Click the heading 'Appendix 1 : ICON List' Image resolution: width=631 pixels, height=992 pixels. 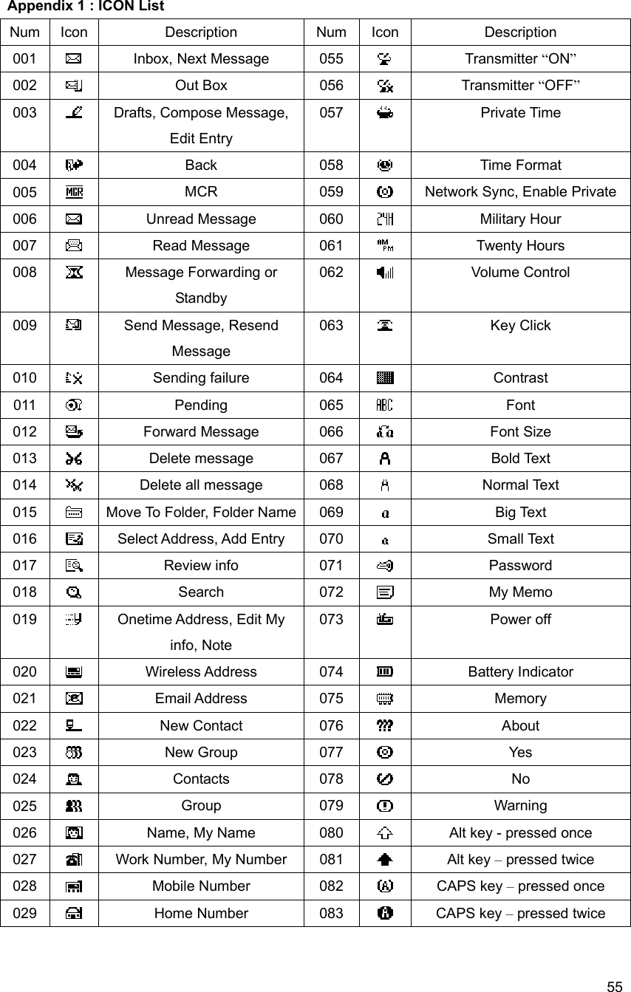(86, 7)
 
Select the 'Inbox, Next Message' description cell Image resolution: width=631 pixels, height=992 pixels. (201, 59)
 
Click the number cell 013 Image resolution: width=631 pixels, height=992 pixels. (25, 459)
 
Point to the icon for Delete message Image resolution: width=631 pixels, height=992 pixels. (73, 459)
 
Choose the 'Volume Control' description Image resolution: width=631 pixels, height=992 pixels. (520, 273)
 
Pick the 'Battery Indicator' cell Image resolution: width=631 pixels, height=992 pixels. (520, 672)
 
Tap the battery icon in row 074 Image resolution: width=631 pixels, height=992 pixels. (384, 672)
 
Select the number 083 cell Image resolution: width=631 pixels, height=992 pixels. (331, 914)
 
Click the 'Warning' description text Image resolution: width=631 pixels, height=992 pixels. (520, 806)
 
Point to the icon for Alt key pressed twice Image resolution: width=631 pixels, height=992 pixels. (384, 860)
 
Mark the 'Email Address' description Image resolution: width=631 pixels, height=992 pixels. (201, 699)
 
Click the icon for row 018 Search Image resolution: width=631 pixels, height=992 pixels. (73, 592)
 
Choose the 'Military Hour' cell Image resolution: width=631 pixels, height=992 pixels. (520, 219)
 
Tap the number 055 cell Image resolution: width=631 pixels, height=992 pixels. (331, 59)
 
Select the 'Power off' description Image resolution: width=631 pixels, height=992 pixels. (520, 620)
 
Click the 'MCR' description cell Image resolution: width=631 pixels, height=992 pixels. (201, 192)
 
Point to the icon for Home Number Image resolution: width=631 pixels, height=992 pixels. (73, 914)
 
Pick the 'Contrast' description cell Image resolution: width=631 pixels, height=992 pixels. (520, 378)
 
